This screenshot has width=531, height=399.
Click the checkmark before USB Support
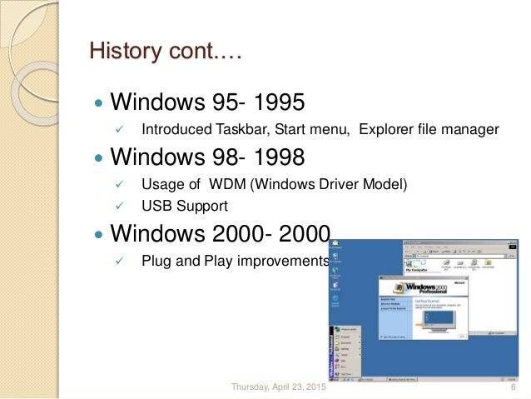tap(118, 205)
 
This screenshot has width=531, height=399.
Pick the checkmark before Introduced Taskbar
tap(118, 130)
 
